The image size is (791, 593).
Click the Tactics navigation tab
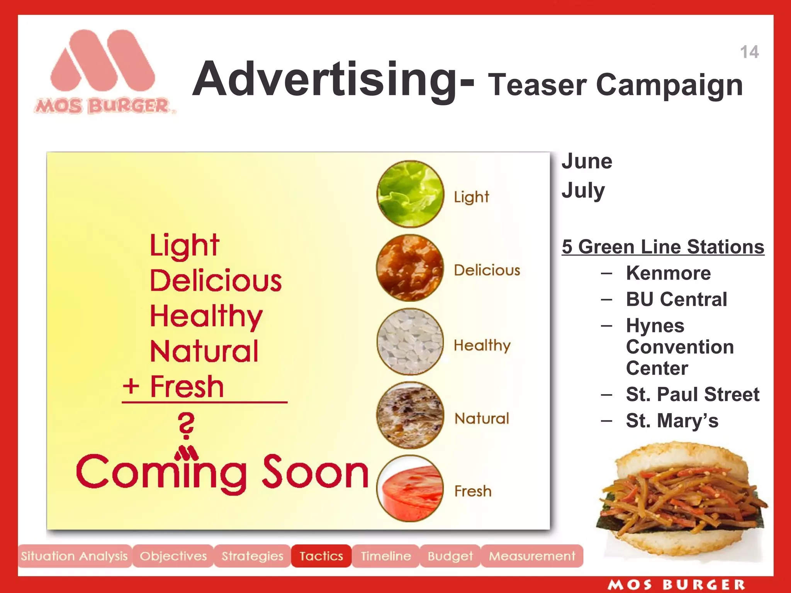(321, 556)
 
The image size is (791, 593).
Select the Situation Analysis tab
(74, 556)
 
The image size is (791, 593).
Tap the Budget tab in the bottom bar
(450, 556)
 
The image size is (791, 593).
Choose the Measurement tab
(532, 556)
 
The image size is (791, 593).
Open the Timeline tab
(385, 556)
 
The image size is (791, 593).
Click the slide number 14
(749, 52)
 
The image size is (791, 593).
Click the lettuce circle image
(410, 194)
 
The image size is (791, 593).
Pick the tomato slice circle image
(410, 488)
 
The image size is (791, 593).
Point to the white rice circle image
(410, 342)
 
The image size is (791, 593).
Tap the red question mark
(187, 425)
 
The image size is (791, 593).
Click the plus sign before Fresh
(131, 386)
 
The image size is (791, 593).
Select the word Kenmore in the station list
(668, 273)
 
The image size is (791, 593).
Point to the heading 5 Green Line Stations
(663, 247)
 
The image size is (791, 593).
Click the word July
(583, 190)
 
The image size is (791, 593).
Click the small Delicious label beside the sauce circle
(487, 270)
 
